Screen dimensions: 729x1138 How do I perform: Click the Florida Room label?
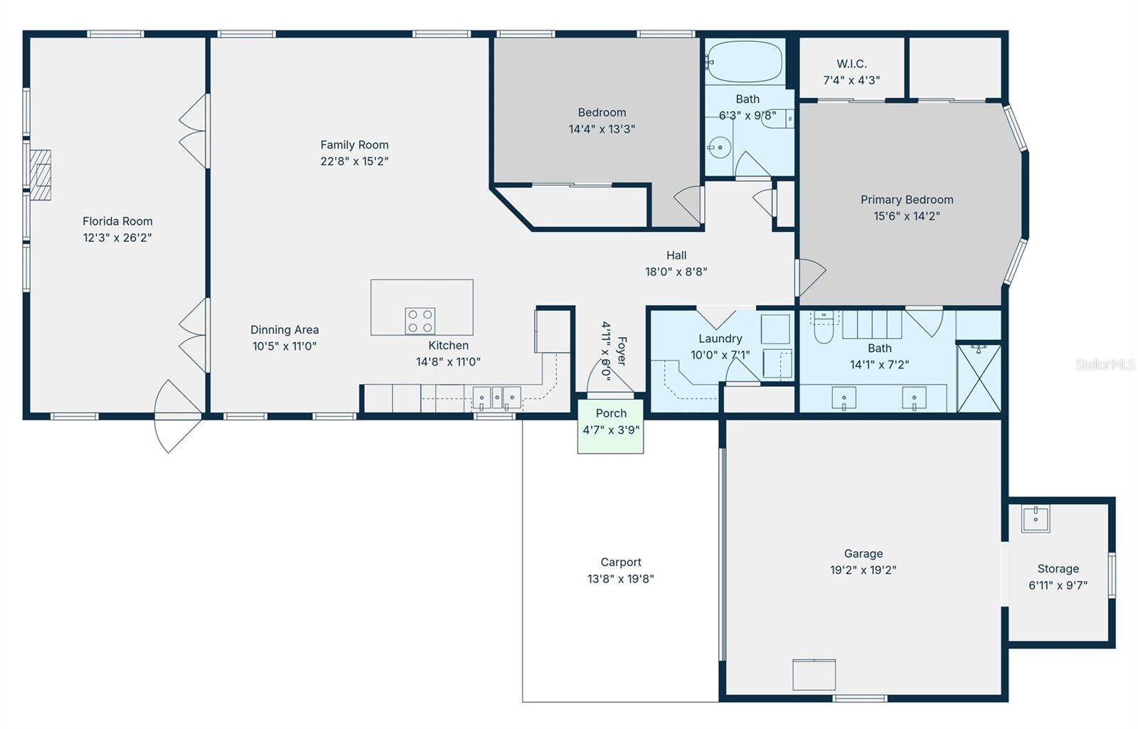point(117,221)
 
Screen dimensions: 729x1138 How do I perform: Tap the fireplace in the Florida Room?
point(41,175)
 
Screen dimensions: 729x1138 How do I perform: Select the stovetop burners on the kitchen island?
point(420,321)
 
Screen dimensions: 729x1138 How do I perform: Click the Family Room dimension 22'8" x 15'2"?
point(354,161)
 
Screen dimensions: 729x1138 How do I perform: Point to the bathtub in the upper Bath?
point(745,62)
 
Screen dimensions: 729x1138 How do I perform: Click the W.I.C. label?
point(851,64)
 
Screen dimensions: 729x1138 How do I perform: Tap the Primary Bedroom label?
point(907,200)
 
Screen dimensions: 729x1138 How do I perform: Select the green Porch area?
point(610,427)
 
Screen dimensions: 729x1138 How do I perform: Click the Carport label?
point(620,563)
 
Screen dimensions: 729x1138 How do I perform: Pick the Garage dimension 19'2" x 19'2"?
point(863,570)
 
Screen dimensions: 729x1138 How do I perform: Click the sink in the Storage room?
point(1036,519)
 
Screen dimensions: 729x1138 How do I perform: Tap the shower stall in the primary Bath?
point(979,378)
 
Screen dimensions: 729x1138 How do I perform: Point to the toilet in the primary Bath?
point(824,329)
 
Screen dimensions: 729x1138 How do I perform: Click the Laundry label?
point(720,339)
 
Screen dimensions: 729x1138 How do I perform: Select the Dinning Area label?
point(284,330)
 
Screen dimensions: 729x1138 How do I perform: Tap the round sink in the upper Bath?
point(719,148)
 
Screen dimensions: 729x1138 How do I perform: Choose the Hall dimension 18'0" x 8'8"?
point(676,272)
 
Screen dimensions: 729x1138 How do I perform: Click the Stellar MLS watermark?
point(1105,365)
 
